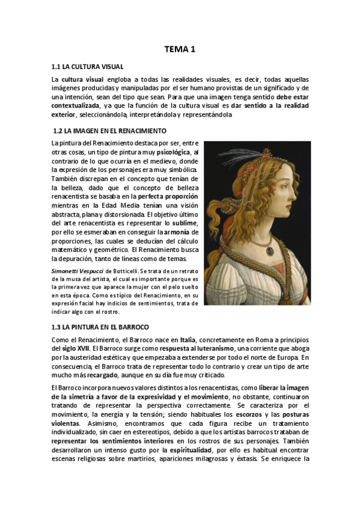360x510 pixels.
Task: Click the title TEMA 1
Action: click(180, 50)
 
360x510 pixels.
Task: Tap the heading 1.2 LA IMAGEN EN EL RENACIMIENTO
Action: click(111, 131)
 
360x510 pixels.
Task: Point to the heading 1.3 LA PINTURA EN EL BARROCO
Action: click(100, 327)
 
